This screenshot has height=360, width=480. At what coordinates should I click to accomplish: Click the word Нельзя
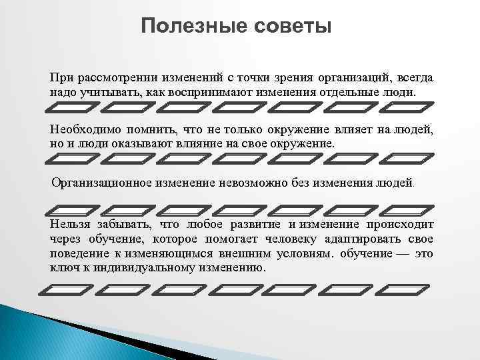(x=69, y=225)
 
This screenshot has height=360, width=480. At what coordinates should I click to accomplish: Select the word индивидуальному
(x=147, y=268)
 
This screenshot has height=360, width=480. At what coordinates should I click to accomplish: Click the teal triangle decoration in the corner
(x=27, y=333)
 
